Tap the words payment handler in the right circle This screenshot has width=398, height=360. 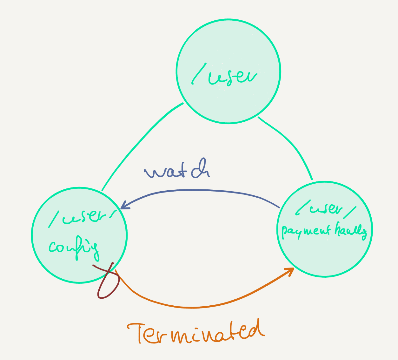[x=324, y=231]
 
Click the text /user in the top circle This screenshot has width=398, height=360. [x=224, y=76]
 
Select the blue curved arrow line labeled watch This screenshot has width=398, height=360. [x=197, y=190]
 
